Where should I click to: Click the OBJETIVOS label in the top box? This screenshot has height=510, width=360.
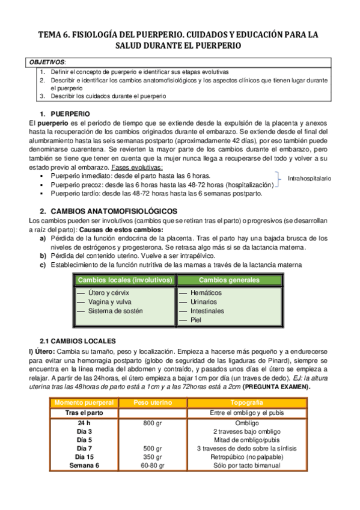[x=48, y=62]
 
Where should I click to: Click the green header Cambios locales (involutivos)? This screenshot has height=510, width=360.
[x=126, y=280]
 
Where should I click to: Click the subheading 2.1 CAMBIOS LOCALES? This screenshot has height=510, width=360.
[x=82, y=340]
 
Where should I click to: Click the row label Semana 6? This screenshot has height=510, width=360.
[x=84, y=465]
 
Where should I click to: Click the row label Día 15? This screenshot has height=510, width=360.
[x=84, y=457]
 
